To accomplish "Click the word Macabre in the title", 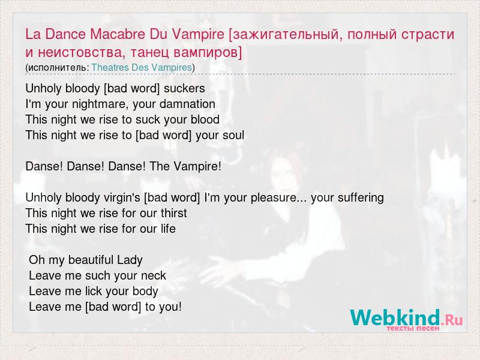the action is tap(118, 34).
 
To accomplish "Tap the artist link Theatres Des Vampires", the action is tap(142, 67).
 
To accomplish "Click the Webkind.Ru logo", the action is tap(407, 319).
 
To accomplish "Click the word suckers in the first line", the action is tap(184, 88).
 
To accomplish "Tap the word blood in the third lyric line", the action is tap(205, 119).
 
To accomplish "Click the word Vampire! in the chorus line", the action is tap(197, 167).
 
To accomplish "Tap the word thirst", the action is tap(174, 213).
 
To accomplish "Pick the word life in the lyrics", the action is tap(168, 229).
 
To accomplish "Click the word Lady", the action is tap(130, 260).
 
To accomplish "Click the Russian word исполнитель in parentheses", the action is tap(57, 68).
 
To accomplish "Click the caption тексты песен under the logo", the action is tap(413, 328).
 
